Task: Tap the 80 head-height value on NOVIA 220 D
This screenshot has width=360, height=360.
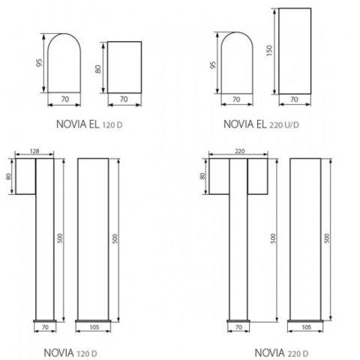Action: [202, 176]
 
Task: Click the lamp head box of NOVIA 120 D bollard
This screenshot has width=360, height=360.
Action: [25, 176]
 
